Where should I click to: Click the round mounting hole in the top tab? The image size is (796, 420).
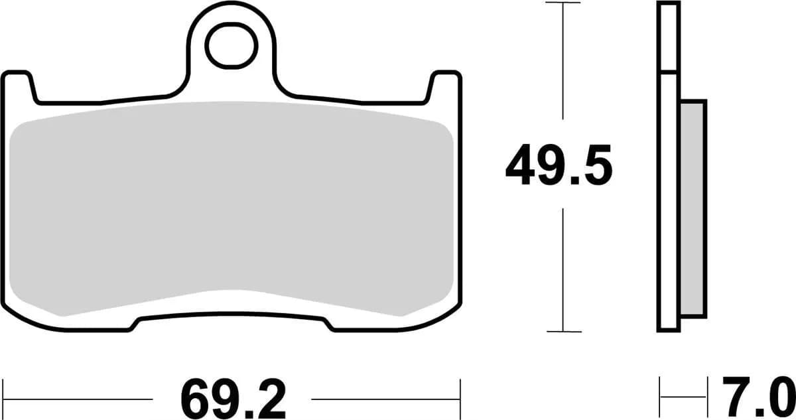click(x=231, y=45)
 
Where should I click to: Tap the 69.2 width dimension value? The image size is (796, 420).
click(x=232, y=399)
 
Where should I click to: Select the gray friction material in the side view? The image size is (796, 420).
click(x=693, y=207)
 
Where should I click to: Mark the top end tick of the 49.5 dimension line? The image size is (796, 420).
click(x=563, y=3)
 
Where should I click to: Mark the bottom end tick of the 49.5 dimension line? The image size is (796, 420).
click(x=563, y=331)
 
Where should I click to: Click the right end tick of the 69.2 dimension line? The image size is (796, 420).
click(x=460, y=399)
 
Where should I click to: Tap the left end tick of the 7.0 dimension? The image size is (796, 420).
click(x=659, y=397)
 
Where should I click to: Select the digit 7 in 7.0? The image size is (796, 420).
click(x=736, y=397)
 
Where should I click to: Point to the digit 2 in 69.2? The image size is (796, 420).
click(x=272, y=399)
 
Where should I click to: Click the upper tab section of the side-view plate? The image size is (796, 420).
click(x=669, y=36)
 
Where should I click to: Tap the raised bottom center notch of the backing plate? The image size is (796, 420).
click(x=232, y=320)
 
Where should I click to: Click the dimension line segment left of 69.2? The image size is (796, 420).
click(x=80, y=399)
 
